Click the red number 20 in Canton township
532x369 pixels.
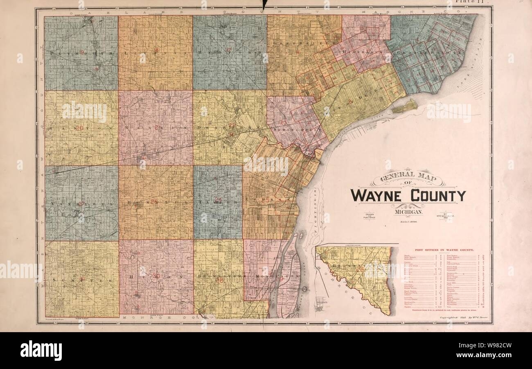click(80, 128)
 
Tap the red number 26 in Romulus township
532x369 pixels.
click(154, 201)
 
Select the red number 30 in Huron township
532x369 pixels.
click(156, 276)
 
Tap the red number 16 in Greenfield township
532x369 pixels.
click(298, 52)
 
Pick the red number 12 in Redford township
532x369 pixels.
click(228, 51)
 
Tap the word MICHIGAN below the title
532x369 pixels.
click(408, 212)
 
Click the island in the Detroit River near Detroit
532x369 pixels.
click(405, 106)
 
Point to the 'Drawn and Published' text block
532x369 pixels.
click(370, 216)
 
